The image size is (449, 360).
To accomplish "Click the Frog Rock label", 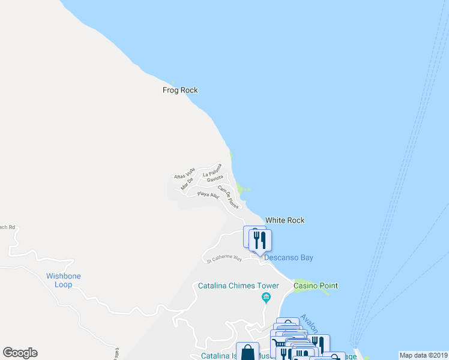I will (x=180, y=91).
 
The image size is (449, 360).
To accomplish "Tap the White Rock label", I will (x=285, y=220).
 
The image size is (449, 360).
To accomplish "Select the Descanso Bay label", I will (x=289, y=258).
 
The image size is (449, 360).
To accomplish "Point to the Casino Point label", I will (x=315, y=286).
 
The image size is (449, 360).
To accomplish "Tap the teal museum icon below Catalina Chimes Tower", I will (x=266, y=297).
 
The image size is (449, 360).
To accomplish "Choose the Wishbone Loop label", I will (x=64, y=280).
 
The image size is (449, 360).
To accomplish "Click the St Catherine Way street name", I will (x=224, y=259).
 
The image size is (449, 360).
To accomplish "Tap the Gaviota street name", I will (x=215, y=178).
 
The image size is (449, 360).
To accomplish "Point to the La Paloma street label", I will (x=212, y=170).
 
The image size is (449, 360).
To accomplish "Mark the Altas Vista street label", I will (x=184, y=172).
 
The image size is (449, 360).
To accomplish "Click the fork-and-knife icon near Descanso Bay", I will (x=260, y=240).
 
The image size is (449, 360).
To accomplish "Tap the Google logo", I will (x=20, y=353).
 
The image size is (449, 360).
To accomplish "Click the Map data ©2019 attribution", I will (x=423, y=355).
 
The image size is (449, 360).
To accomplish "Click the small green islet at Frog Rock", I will (x=173, y=83).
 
